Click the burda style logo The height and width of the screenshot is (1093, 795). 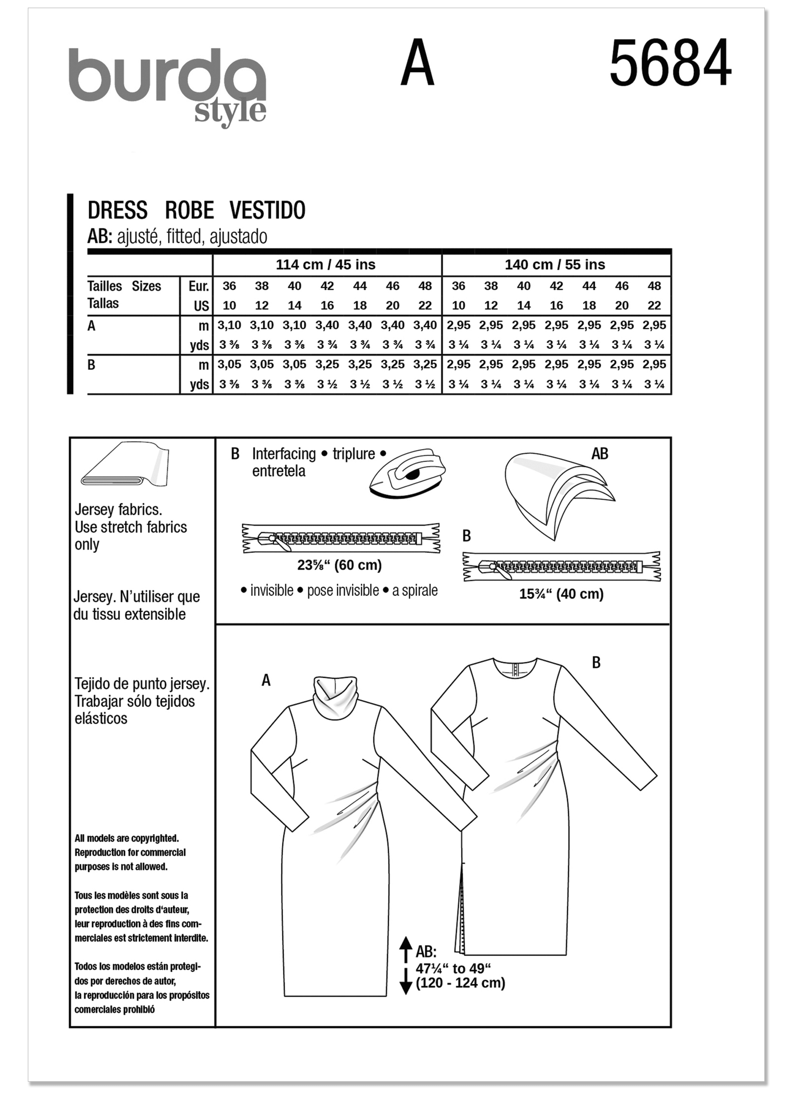(167, 84)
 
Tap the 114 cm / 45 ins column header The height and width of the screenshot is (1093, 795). (325, 265)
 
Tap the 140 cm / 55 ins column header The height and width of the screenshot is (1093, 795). (555, 265)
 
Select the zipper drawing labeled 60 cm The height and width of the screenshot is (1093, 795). (341, 538)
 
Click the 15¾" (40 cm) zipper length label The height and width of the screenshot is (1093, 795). (561, 594)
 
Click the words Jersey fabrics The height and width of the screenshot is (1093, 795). (119, 509)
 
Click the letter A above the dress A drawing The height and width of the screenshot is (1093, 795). (266, 680)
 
